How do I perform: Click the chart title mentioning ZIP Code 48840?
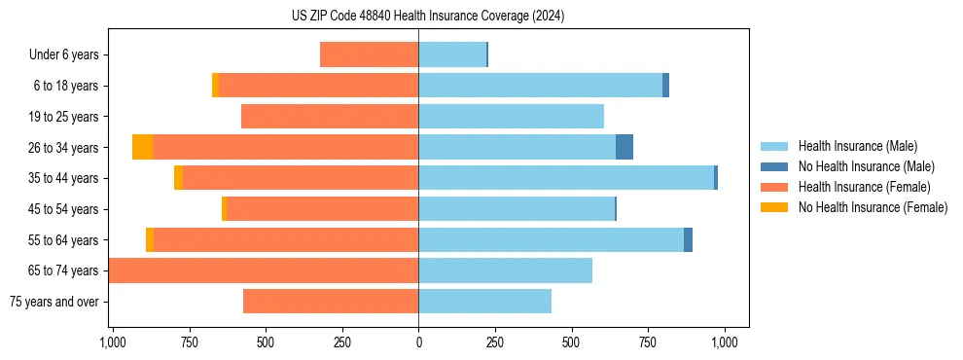(428, 16)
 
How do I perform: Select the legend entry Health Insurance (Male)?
(857, 146)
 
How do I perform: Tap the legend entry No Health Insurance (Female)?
(873, 207)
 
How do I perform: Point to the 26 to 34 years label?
(63, 148)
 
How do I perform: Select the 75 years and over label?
(53, 302)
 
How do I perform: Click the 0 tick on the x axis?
(418, 342)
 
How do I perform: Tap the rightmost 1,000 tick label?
(724, 342)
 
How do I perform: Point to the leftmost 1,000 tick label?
(113, 342)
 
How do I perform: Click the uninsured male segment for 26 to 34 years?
(624, 148)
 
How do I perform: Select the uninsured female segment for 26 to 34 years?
(142, 148)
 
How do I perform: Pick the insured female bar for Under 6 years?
(369, 55)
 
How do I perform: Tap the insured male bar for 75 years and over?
(484, 302)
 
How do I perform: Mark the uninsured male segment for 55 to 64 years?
(688, 240)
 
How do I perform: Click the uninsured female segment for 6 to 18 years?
(215, 86)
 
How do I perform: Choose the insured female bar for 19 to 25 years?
(330, 117)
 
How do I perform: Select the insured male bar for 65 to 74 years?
(505, 270)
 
